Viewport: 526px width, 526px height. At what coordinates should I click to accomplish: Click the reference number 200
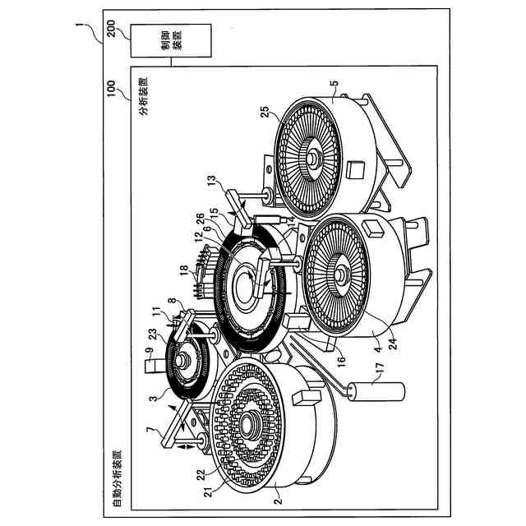pos(112,29)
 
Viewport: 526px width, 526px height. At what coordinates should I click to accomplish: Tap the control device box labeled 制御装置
pos(171,40)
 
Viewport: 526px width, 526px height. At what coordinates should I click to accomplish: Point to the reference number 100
pos(111,88)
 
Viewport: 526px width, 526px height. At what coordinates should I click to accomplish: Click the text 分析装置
pos(144,97)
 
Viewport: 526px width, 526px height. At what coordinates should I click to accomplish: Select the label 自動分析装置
pos(117,478)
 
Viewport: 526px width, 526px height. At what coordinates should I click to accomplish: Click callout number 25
pos(265,112)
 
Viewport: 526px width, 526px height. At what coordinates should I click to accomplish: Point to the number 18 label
pos(184,270)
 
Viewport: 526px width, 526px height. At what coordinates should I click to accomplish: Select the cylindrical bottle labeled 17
pos(376,391)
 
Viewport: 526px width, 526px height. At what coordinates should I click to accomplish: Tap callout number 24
pos(392,344)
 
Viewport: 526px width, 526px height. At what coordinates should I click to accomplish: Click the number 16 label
pos(341,362)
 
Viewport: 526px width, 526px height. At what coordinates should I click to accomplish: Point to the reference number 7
pos(150,430)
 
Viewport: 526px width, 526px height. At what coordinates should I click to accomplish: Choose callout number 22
pos(201,474)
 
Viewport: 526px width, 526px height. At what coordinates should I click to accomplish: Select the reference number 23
pos(153,334)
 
